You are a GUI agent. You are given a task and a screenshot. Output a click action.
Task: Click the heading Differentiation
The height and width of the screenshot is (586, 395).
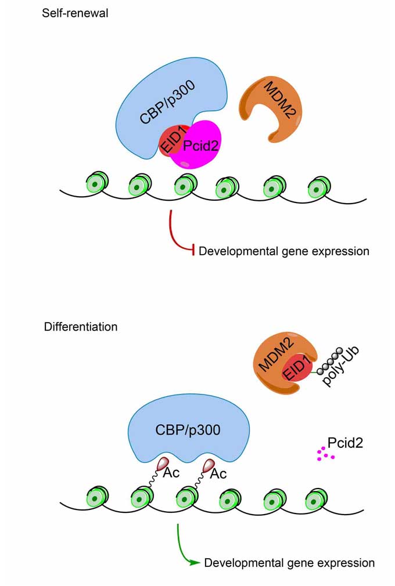click(x=80, y=327)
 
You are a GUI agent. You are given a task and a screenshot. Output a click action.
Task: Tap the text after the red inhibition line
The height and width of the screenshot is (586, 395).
click(x=284, y=252)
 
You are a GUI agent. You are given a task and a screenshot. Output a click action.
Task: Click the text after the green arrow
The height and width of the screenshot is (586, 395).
click(x=289, y=563)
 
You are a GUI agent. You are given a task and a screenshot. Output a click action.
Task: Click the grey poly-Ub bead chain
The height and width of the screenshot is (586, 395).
click(x=328, y=361)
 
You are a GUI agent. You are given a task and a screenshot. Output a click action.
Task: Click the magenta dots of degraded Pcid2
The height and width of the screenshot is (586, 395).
click(x=325, y=454)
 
